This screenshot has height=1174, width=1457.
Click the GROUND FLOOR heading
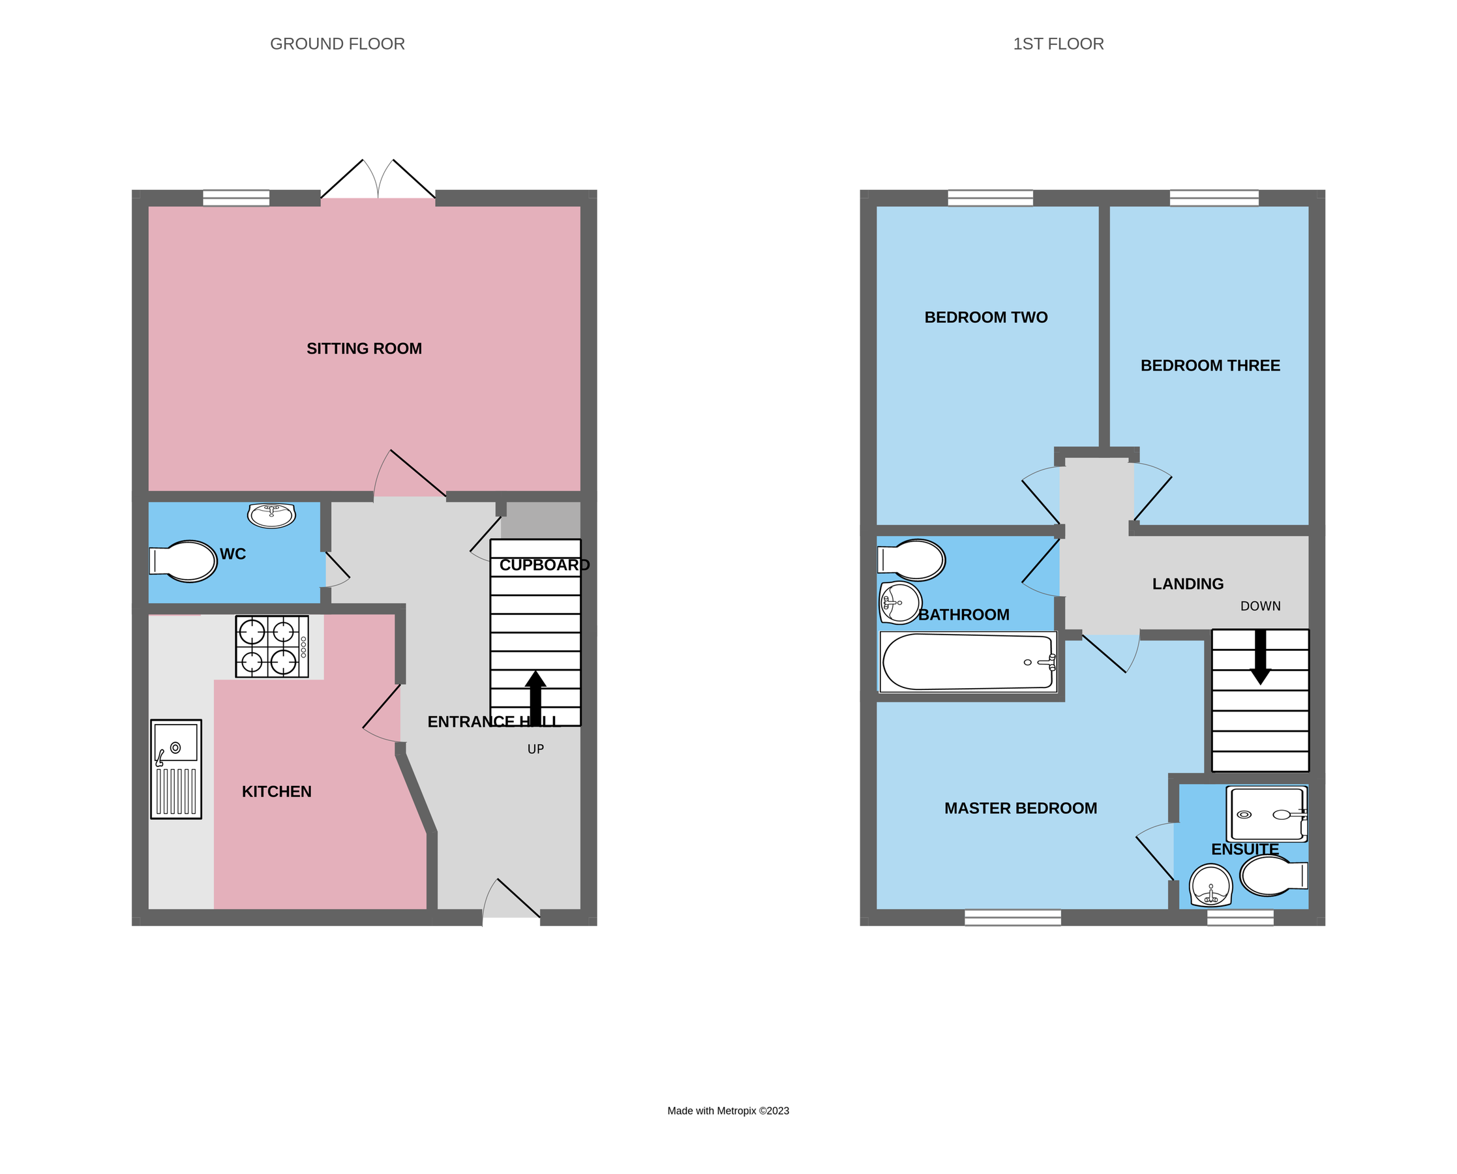pos(337,44)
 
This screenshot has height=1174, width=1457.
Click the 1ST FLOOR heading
pos(1058,44)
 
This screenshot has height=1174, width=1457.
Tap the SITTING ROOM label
pos(364,348)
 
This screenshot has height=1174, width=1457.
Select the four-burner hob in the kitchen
pos(272,646)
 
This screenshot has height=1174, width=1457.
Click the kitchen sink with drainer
pos(176,769)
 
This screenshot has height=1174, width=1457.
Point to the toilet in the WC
pos(184,561)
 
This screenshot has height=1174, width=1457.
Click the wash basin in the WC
pos(271,515)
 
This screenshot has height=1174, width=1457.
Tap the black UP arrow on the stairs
pos(535,697)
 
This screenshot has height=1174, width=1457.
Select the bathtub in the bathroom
pos(967,661)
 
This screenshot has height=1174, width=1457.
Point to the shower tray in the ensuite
pos(1267,814)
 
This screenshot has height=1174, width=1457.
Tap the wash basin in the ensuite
pos(1210,886)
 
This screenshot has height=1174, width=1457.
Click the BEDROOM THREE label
pos(1210,365)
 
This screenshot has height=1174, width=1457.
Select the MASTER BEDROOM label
pos(1020,808)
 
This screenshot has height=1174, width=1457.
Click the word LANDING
pos(1188,584)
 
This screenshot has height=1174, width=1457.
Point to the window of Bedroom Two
pos(990,198)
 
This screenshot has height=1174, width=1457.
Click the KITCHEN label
pos(277,791)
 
